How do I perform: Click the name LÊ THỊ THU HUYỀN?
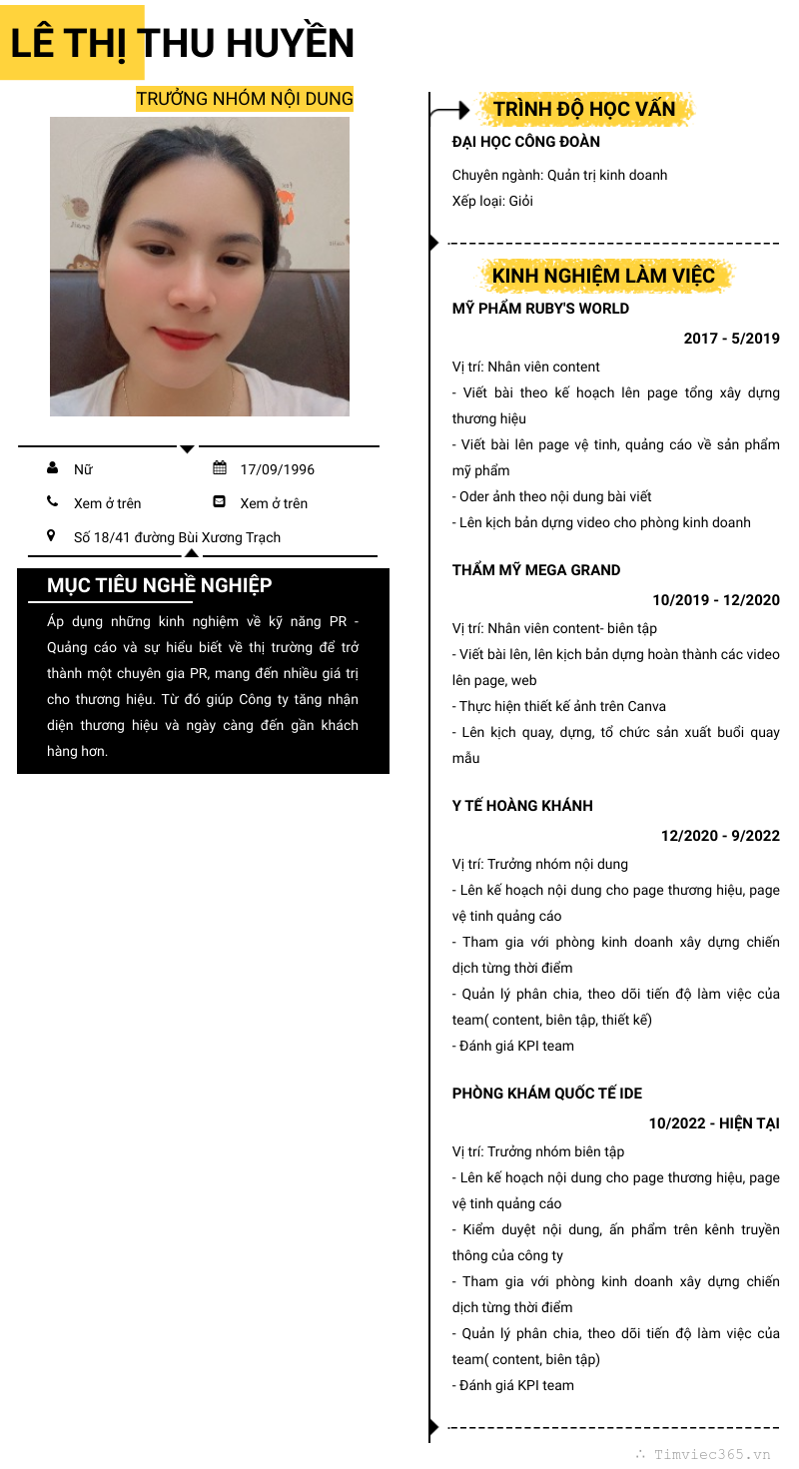[183, 44]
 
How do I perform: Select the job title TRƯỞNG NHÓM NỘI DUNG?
[245, 99]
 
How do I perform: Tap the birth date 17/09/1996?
[278, 469]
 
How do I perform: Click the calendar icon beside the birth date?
[220, 468]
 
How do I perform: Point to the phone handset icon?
[53, 502]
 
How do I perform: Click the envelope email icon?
[220, 502]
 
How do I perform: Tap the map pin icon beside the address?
[52, 536]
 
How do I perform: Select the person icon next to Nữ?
[53, 468]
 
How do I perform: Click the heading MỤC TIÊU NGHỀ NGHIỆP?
[160, 585]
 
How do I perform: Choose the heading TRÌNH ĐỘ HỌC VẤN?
[584, 109]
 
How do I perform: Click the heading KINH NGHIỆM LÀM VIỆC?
[603, 276]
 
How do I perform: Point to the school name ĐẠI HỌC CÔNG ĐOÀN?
[526, 142]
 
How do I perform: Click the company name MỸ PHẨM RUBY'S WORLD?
[540, 309]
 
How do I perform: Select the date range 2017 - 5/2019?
[731, 339]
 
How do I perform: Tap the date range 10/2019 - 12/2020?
[716, 600]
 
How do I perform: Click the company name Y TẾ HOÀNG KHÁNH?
[522, 806]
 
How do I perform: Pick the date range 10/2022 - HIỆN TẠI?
[714, 1123]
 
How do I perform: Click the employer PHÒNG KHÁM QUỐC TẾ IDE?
[547, 1094]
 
